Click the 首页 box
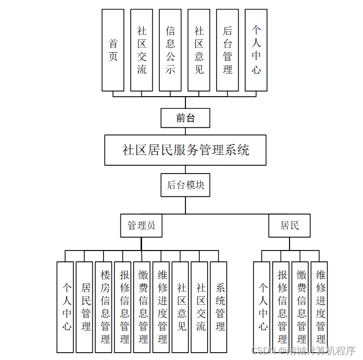pos(113,50)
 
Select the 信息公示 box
pos(170,50)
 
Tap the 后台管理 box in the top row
pos(227,50)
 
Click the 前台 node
pos(185,118)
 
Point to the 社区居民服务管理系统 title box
pos(185,150)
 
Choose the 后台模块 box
pos(185,185)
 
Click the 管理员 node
pos(142,225)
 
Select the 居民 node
pos(290,225)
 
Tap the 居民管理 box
pos(86,307)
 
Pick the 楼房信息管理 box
pos(105,307)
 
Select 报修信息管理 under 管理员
pos(124,307)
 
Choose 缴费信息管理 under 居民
pos(301,307)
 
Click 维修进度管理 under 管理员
pos(162,307)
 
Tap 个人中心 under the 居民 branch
pos(263,307)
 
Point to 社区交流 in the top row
pos(142,50)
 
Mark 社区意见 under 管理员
pos(181,307)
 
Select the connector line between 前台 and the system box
pos(185,131)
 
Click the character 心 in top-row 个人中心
pos(256,70)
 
